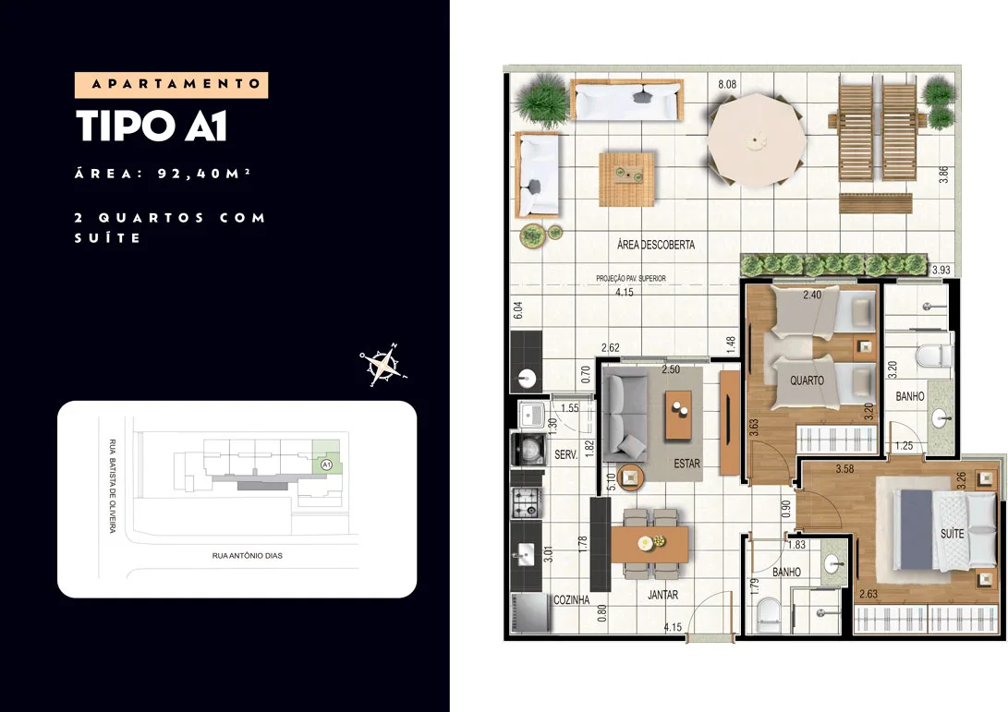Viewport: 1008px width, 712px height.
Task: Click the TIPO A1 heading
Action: [x=152, y=126]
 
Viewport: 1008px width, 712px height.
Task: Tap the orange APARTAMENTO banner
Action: [x=171, y=85]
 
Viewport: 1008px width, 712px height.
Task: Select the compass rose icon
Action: [x=383, y=365]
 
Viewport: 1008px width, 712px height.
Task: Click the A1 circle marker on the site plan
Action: [x=326, y=464]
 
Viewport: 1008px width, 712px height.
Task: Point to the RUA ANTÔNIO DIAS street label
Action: [x=247, y=555]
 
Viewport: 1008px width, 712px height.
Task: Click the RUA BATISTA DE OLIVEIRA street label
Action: [x=113, y=486]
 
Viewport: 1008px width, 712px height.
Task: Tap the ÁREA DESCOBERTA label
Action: [x=656, y=245]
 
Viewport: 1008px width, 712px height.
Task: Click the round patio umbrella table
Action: [x=757, y=140]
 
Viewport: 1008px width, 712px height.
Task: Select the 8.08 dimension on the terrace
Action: [x=727, y=84]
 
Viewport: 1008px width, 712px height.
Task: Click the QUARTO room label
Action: [x=807, y=380]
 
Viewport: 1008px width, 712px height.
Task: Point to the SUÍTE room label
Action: [x=952, y=534]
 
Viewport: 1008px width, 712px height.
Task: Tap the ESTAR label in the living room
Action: [x=686, y=464]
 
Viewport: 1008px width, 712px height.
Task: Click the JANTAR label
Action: [x=662, y=595]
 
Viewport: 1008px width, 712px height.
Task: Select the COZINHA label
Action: [x=572, y=599]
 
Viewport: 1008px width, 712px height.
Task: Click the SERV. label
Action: [x=565, y=454]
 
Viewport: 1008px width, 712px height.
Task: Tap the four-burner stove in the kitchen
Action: [x=528, y=502]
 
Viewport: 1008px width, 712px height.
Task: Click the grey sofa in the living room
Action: [x=624, y=415]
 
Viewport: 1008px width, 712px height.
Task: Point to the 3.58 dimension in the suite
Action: [x=844, y=469]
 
